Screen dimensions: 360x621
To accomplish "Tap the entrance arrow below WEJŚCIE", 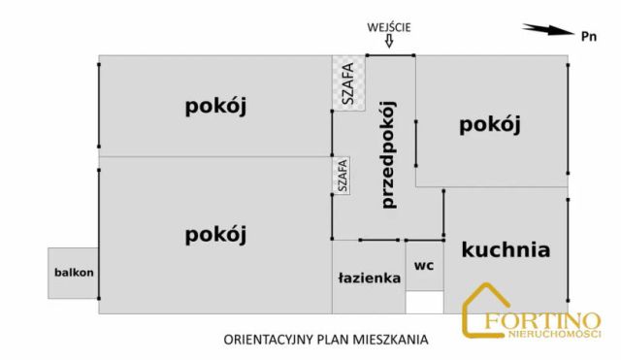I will pos(390,41).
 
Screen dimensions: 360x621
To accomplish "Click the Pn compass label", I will pos(588,36).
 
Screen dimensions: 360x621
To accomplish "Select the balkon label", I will pos(74,272).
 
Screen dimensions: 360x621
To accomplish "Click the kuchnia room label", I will pos(506,249).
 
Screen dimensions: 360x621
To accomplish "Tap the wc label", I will pos(423,265).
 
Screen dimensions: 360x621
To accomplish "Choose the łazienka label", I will pos(369,278).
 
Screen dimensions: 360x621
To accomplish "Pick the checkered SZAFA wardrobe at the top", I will pos(343,82).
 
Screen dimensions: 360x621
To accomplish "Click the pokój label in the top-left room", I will pos(215,107).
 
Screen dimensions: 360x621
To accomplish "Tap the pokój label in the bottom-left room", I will pos(215,234).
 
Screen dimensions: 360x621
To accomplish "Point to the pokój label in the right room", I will pos(491,124).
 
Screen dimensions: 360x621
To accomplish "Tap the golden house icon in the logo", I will pos(485,311).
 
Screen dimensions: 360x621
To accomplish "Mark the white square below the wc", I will pos(424,303).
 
